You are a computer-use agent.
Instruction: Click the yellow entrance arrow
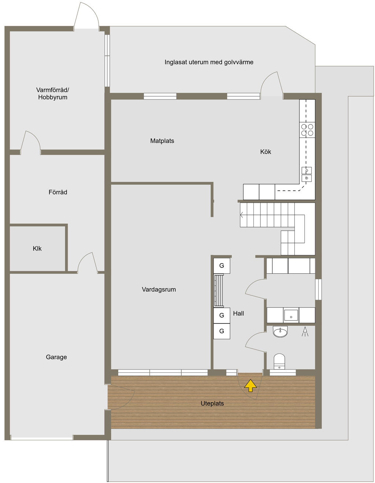[250, 385]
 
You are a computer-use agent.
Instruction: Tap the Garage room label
[56, 357]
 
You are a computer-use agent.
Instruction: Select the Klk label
[37, 248]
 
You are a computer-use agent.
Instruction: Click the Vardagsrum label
[159, 289]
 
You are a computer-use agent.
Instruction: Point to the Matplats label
[162, 141]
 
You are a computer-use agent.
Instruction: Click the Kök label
[266, 151]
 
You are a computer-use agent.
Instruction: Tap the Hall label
[238, 314]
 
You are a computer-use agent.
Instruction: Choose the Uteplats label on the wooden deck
[212, 404]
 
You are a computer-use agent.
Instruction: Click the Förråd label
[58, 192]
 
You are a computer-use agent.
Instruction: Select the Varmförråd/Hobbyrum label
[53, 94]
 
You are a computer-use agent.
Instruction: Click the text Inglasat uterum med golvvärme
[209, 62]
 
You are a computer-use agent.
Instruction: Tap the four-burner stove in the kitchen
[307, 130]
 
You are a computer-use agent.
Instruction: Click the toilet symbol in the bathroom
[279, 361]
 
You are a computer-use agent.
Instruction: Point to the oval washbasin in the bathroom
[280, 332]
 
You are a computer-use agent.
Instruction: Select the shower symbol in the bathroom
[305, 332]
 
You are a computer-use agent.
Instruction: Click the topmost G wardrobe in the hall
[222, 266]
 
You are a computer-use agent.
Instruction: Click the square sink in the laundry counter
[291, 315]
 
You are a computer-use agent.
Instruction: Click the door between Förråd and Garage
[88, 262]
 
